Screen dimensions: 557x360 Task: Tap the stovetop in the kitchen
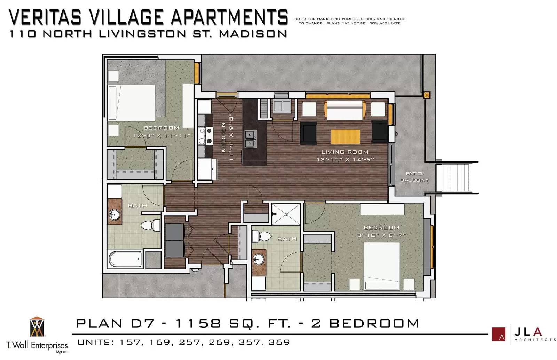205,136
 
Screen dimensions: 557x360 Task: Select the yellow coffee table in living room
345,137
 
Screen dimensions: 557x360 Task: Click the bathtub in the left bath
125,259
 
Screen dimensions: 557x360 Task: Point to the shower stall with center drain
286,214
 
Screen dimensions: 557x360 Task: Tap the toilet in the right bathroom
261,236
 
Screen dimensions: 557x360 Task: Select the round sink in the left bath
115,215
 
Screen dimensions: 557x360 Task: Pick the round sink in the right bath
259,259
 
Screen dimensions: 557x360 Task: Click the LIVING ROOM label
345,152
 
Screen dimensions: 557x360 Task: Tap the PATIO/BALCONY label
415,177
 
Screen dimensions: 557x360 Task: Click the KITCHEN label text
223,137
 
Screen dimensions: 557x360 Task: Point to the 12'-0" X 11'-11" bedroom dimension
162,136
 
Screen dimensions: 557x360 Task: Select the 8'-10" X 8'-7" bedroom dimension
382,235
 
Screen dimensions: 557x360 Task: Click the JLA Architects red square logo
499,334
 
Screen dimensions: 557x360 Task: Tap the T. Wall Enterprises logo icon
37,327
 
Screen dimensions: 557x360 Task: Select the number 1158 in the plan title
198,323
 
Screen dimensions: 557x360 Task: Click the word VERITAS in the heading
45,17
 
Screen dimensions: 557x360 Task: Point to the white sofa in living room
345,110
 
